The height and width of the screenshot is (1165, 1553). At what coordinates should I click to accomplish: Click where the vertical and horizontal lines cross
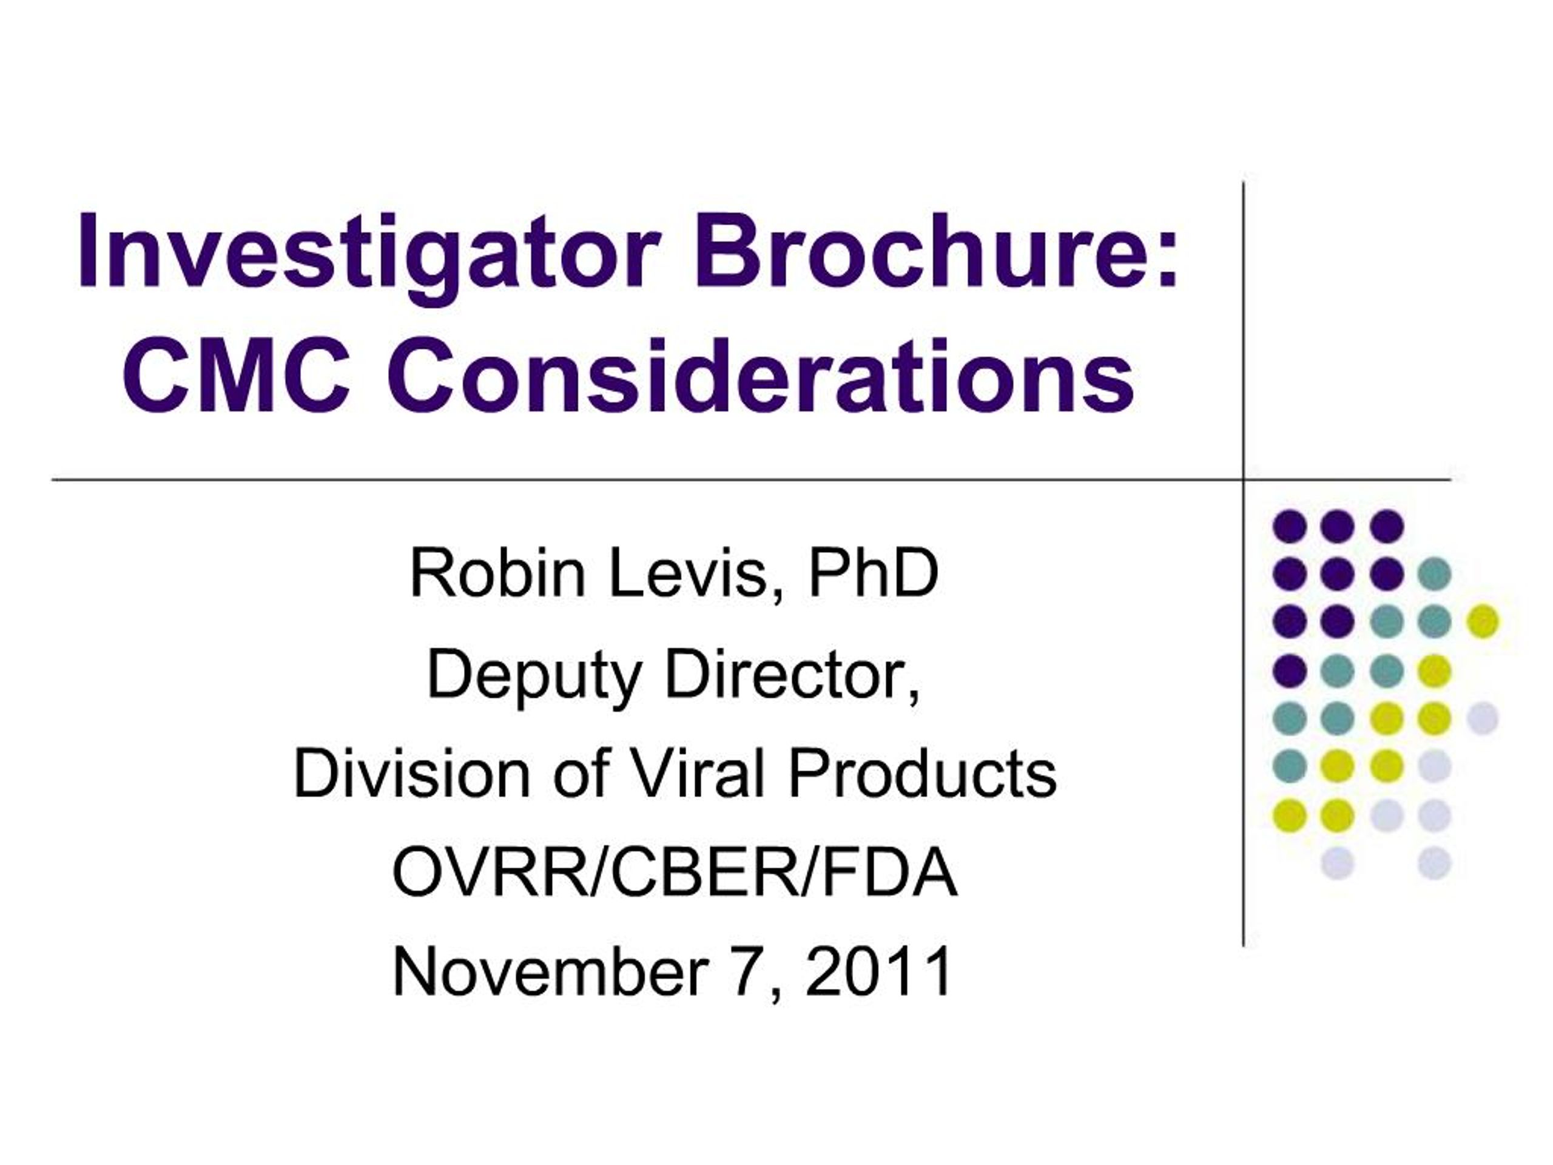pos(1244,481)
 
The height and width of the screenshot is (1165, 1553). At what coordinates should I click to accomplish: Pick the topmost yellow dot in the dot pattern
pos(1483,621)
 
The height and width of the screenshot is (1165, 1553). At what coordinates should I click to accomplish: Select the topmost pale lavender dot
pos(1483,718)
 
